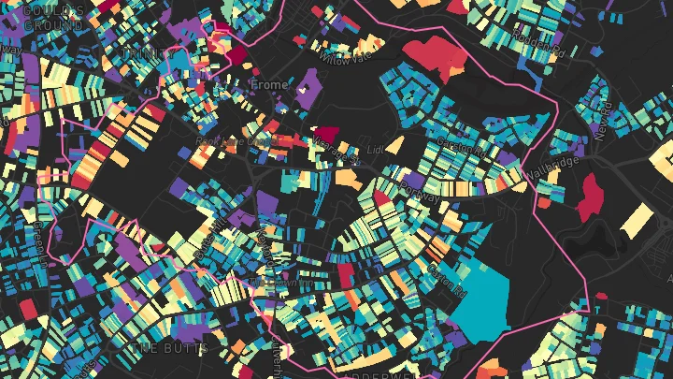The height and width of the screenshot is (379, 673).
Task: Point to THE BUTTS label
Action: tap(157, 348)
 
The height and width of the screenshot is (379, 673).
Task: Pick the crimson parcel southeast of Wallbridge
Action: tap(591, 197)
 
